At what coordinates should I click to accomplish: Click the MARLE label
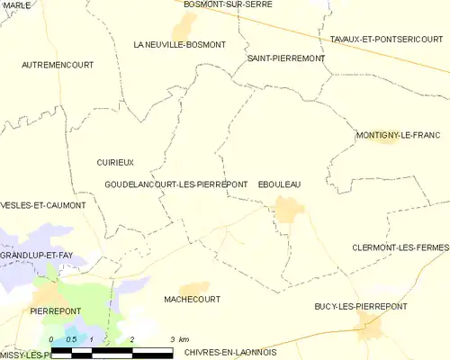[x=15, y=5]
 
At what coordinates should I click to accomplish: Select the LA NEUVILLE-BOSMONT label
[x=179, y=44]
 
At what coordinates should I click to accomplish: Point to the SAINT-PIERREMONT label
[x=285, y=58]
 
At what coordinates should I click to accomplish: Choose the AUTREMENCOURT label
[x=58, y=65]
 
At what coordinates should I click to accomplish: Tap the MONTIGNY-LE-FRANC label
[x=398, y=135]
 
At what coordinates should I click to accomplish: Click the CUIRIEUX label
[x=115, y=162]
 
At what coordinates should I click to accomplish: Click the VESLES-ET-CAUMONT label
[x=43, y=205]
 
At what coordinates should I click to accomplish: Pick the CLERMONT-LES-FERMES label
[x=400, y=247]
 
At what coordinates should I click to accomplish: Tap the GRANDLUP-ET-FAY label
[x=36, y=256]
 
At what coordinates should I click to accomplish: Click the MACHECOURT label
[x=192, y=299]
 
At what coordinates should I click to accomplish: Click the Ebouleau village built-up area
[x=289, y=211]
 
